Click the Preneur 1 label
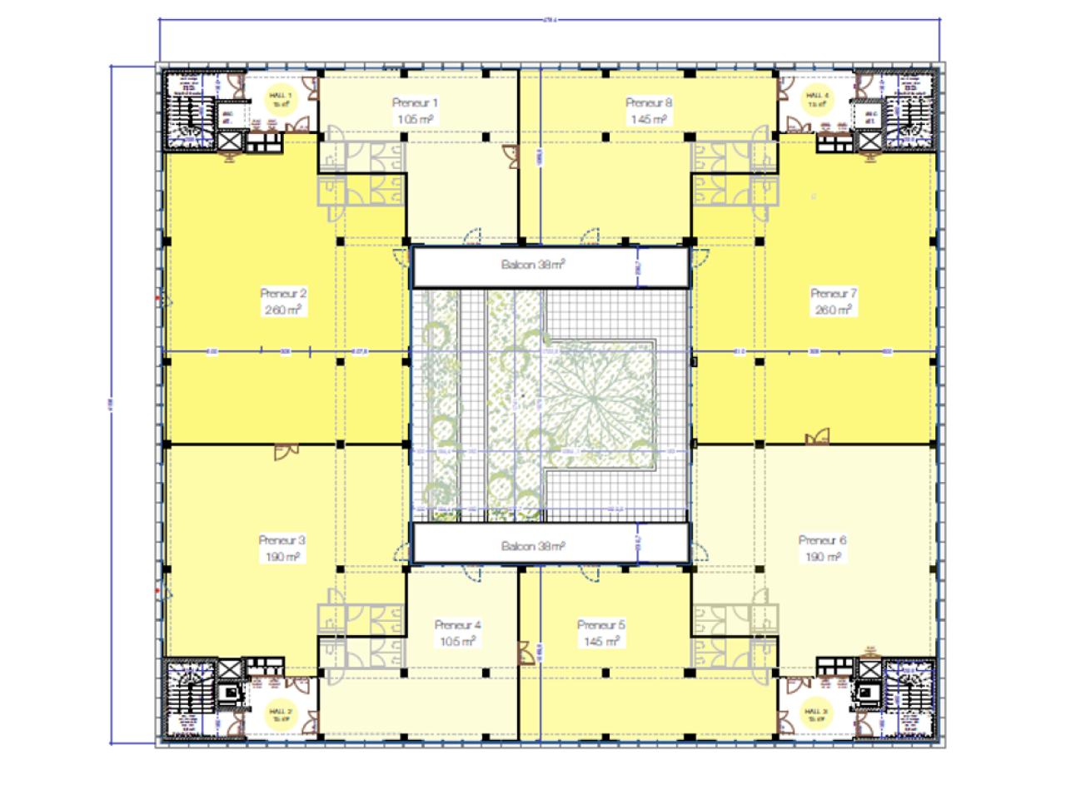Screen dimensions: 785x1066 point(415,103)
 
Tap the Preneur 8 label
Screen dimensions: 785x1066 point(649,103)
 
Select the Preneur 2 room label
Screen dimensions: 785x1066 point(283,293)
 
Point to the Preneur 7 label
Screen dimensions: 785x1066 point(834,293)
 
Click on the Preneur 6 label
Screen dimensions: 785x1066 point(822,539)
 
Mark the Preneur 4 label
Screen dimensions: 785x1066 point(458,625)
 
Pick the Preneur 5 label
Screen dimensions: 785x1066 point(600,625)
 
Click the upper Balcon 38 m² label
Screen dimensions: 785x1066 point(533,266)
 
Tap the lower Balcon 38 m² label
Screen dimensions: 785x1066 point(533,546)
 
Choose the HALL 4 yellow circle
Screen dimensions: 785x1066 point(814,100)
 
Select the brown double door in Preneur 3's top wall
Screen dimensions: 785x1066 point(286,450)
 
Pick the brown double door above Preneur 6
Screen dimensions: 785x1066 point(817,437)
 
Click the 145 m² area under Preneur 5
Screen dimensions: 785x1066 point(600,642)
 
